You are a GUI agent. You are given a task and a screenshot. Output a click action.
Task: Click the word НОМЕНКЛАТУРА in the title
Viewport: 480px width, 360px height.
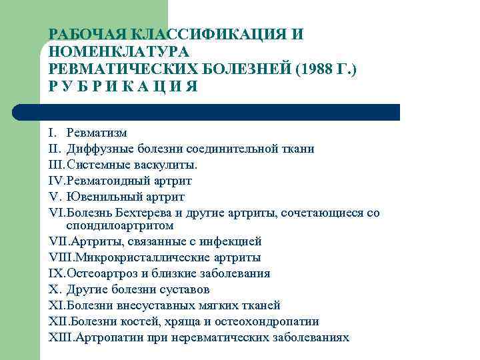pyautogui.click(x=119, y=52)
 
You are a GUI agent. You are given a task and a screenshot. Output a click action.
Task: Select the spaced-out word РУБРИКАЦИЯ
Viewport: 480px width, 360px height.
pyautogui.click(x=123, y=88)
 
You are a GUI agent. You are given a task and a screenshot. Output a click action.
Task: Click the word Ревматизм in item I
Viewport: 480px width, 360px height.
pyautogui.click(x=97, y=133)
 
